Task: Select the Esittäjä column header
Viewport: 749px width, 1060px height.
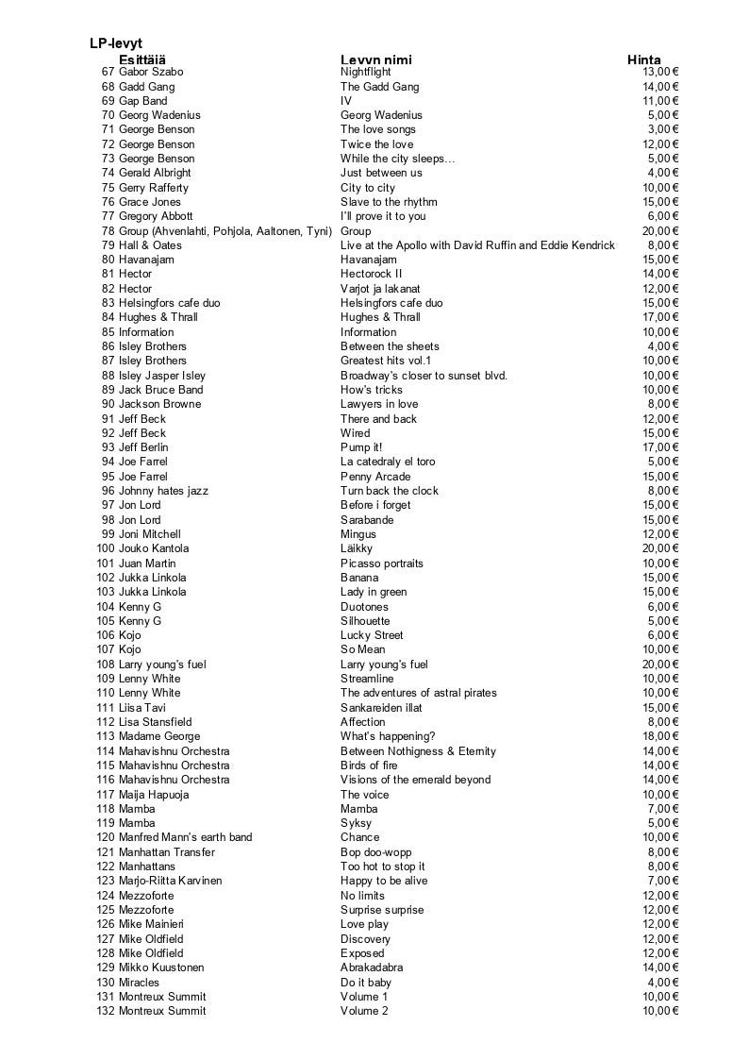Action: point(141,59)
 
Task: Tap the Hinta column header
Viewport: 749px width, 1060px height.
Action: point(644,59)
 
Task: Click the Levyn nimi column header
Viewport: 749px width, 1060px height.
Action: point(375,59)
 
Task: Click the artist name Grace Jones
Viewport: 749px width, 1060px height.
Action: point(149,202)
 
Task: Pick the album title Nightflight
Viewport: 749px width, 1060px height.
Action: point(365,72)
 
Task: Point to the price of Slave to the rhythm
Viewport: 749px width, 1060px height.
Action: point(660,202)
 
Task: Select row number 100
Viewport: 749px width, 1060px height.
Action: point(105,548)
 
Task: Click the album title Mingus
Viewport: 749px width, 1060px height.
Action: point(358,534)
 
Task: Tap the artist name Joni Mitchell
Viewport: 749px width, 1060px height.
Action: point(149,534)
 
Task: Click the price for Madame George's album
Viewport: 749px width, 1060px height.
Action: point(660,736)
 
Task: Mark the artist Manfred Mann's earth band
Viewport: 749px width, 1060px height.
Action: point(185,837)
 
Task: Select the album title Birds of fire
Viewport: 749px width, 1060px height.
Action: point(369,766)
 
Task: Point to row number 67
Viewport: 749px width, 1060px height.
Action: point(108,72)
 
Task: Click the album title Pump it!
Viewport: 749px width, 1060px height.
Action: point(361,447)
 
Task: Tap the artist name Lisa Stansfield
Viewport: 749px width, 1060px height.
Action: point(155,722)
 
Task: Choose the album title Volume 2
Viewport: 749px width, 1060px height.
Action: point(364,1011)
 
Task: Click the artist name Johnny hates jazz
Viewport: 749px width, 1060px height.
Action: point(163,491)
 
